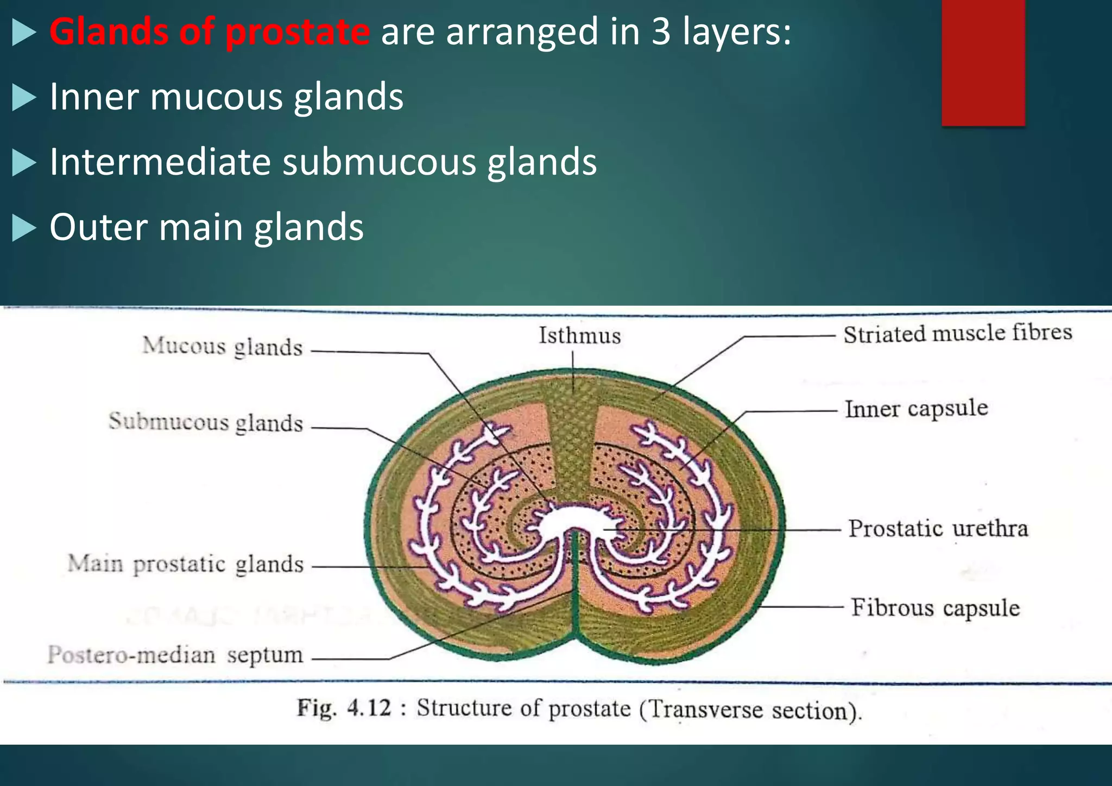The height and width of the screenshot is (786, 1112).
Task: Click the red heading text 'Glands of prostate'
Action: click(x=210, y=31)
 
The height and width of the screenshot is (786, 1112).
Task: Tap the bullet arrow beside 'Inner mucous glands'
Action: click(x=23, y=98)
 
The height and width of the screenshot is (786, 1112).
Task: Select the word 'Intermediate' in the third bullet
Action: click(x=160, y=162)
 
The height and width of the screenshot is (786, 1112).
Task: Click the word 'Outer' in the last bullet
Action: click(x=98, y=227)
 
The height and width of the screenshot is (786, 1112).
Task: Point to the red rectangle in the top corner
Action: click(x=983, y=62)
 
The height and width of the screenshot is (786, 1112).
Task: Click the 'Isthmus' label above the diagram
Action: click(x=579, y=336)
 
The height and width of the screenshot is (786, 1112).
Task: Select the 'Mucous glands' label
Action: click(x=222, y=347)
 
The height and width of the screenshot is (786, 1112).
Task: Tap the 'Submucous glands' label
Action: click(x=206, y=423)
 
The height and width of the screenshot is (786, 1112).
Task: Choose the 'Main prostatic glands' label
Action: click(x=185, y=564)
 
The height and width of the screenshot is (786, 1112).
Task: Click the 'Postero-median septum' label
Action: click(x=175, y=655)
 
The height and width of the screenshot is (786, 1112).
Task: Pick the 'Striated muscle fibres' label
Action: click(x=957, y=333)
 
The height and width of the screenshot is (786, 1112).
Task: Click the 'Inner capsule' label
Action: click(x=916, y=409)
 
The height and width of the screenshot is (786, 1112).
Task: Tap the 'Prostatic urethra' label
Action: click(x=938, y=529)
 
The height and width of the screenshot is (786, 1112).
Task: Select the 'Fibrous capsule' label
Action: click(x=935, y=608)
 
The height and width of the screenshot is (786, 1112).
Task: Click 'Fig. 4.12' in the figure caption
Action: click(x=344, y=708)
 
